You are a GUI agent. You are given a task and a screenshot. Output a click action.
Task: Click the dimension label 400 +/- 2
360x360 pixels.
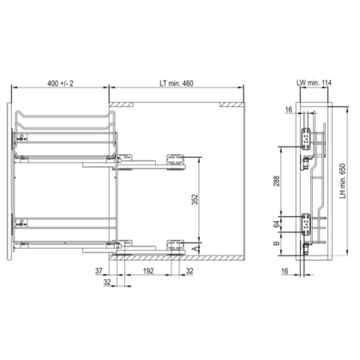pos(60,83)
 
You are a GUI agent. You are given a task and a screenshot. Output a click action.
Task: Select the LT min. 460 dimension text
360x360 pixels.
pos(177,83)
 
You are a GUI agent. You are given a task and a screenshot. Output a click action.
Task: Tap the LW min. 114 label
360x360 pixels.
pos(314,82)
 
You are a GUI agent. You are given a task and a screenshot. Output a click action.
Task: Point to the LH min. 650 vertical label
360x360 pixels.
pos(342,181)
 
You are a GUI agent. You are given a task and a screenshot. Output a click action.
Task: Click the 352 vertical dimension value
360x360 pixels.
pos(195,200)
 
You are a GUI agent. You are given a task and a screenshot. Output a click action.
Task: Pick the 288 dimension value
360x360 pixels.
pos(276,181)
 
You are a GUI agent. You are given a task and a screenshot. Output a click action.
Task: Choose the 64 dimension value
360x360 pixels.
pos(276,225)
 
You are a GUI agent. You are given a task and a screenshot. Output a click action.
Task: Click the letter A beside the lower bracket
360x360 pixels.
pos(195,249)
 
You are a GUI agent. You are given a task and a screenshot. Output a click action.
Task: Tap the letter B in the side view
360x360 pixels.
pos(276,243)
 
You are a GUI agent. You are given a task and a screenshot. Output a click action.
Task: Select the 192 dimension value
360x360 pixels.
pos(148,271)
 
